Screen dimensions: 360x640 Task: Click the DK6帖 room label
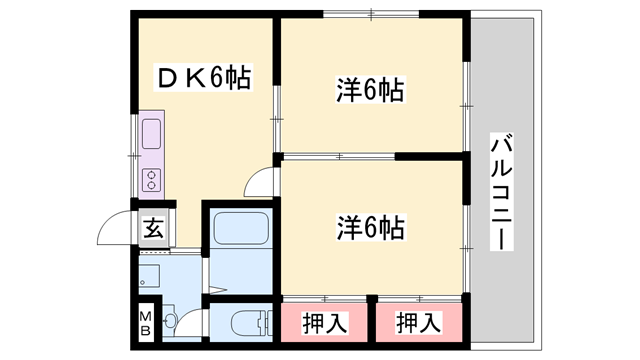(201, 77)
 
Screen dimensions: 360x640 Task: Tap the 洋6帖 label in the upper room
(369, 91)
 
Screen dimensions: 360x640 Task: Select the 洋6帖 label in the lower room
(369, 227)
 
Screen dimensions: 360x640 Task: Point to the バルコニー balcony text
(501, 191)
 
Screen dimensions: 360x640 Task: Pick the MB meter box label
(144, 323)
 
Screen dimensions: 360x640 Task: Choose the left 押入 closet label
(325, 322)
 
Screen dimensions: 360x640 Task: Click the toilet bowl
(245, 322)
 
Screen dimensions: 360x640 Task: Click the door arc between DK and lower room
(262, 182)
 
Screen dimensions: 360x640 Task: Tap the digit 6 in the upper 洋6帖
(369, 91)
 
